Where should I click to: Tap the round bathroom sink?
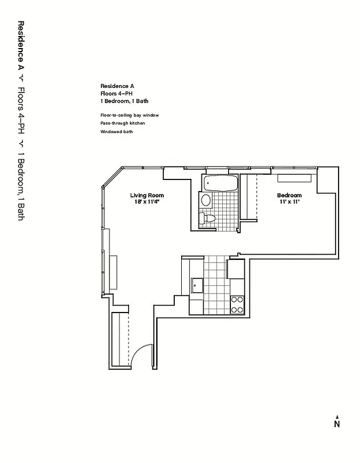[x=206, y=200]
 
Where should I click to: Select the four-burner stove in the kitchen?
[x=237, y=304]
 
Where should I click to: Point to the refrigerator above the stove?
[x=236, y=270]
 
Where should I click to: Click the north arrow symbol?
[x=336, y=415]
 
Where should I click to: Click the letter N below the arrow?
[x=336, y=424]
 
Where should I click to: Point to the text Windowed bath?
[x=116, y=132]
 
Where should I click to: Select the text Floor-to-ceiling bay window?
[x=129, y=115]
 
